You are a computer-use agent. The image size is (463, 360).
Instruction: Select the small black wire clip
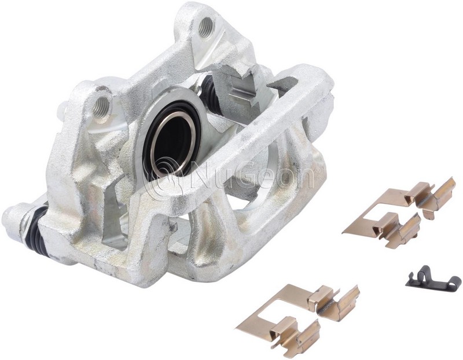click(x=433, y=278)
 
